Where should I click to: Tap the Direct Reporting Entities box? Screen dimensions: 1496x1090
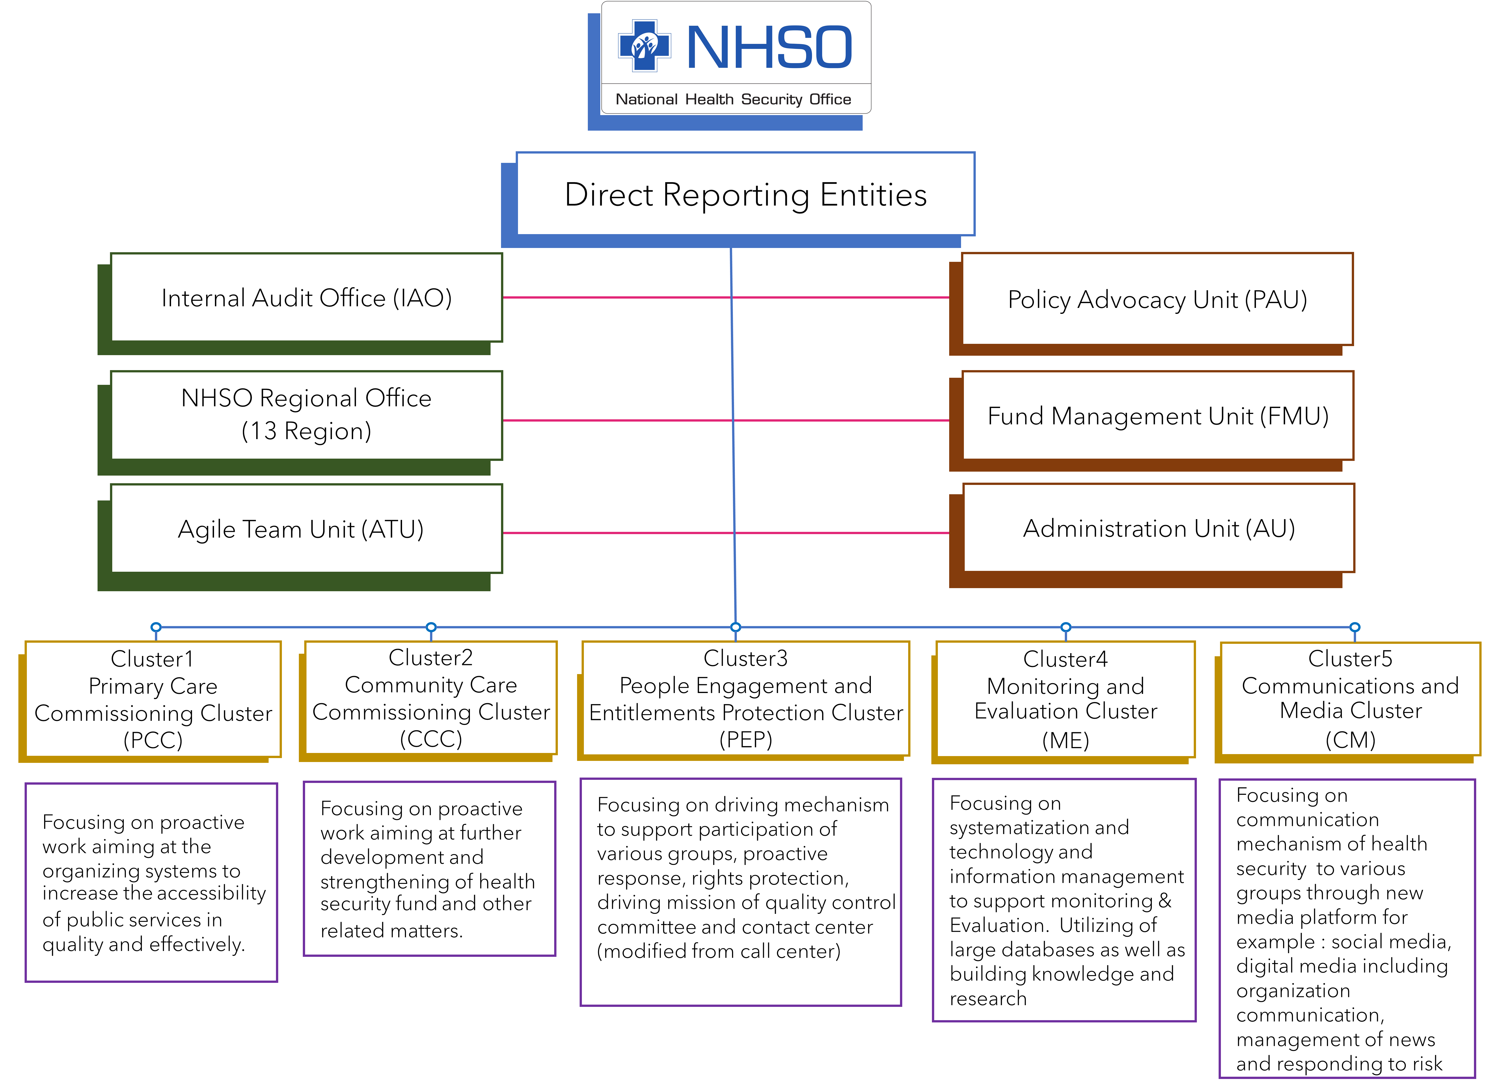click(745, 194)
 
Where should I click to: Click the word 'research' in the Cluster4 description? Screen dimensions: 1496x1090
click(988, 999)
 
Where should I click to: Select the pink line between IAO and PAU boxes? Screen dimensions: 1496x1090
click(726, 297)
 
